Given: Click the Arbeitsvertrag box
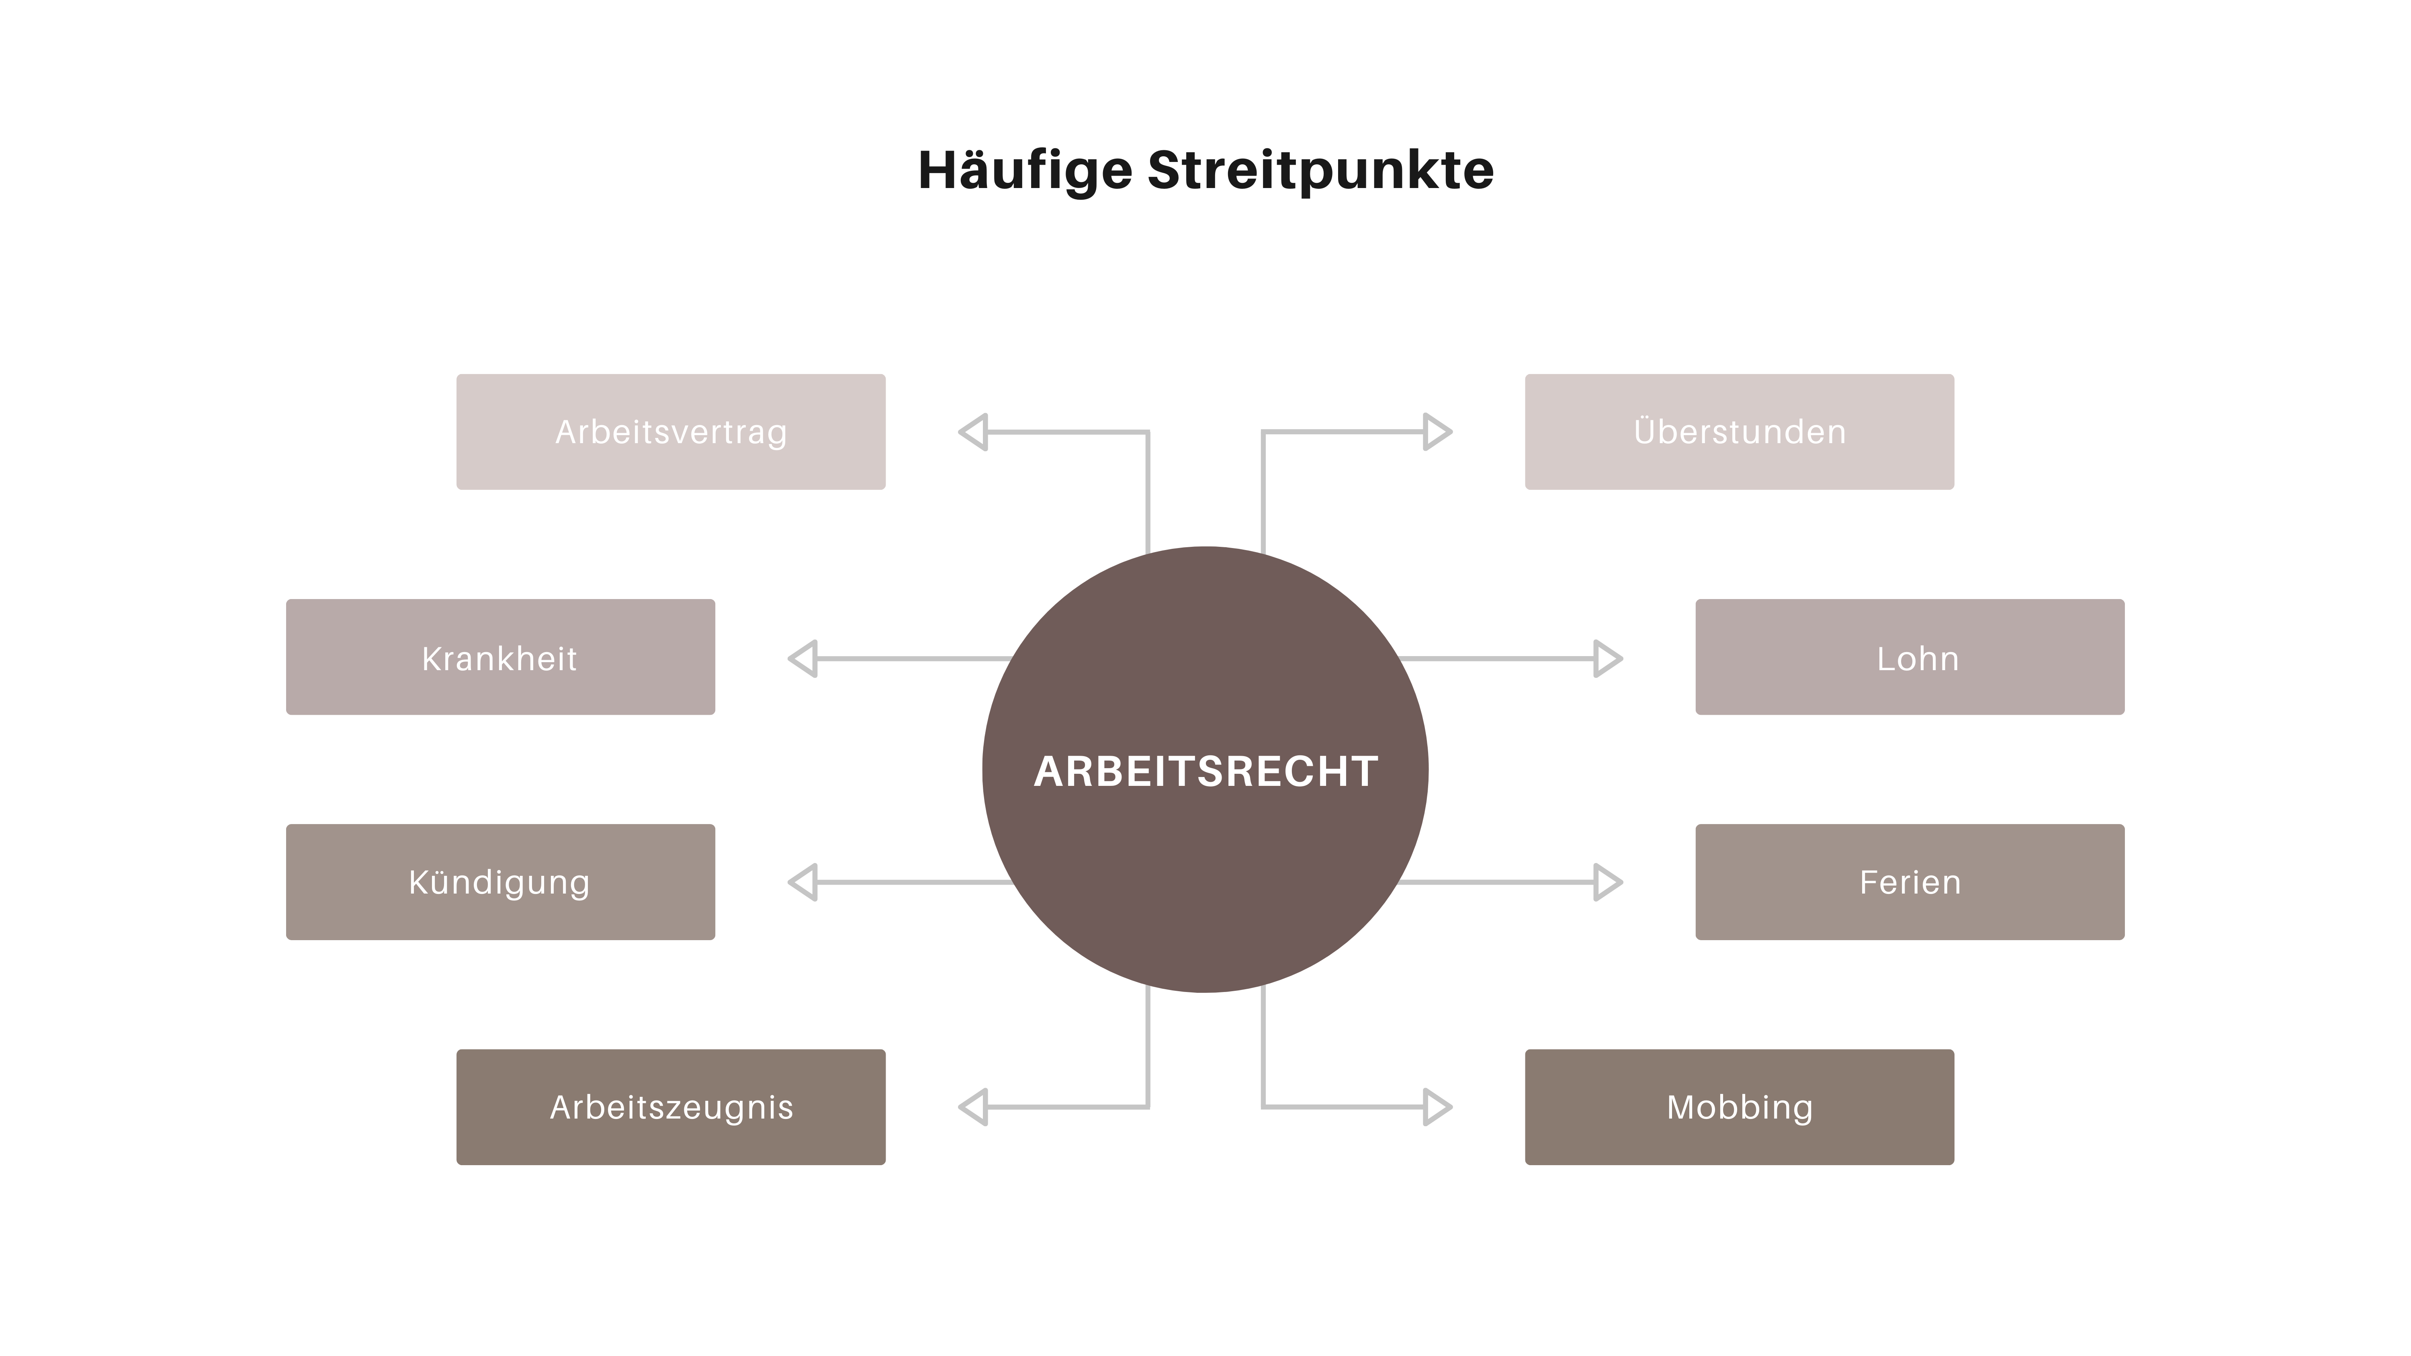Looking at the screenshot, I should tap(670, 432).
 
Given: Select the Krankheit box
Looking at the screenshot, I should tap(500, 657).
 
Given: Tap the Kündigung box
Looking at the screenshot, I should tap(500, 882).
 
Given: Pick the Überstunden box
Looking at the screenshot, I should tap(1739, 432).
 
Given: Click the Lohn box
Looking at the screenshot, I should tap(1910, 657).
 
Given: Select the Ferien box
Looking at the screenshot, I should tap(1910, 882).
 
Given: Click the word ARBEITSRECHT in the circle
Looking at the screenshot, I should tap(1205, 771).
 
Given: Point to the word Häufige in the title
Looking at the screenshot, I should tap(1025, 171).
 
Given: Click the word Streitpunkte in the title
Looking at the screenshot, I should tap(1320, 171).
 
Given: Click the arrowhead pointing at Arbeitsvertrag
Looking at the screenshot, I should tap(974, 432).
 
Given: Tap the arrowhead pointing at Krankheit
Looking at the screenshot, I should tap(804, 658).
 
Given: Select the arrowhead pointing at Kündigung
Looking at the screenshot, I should tap(804, 882).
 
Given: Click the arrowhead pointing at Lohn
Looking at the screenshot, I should tap(1606, 658).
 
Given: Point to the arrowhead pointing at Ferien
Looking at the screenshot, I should tap(1606, 882).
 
